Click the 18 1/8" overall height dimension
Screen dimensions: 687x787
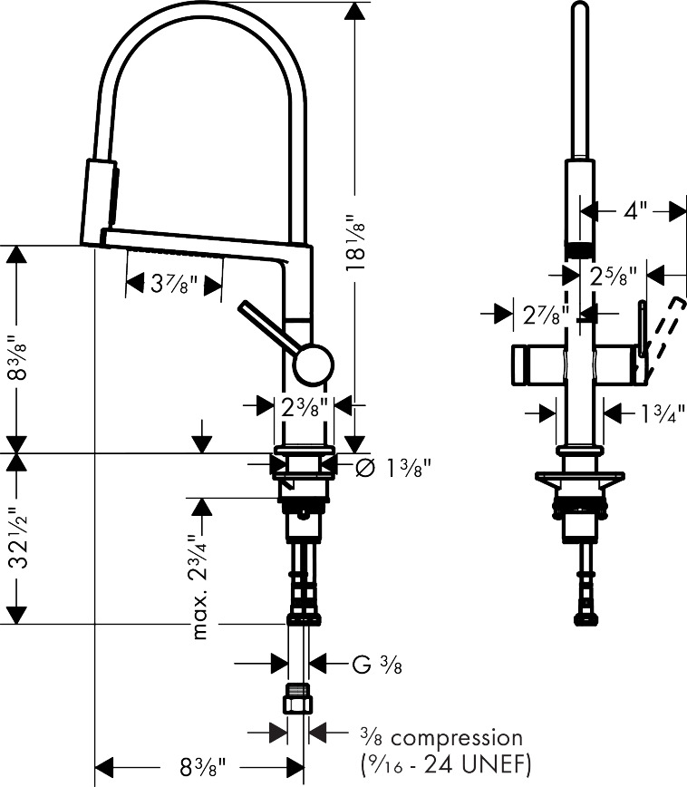coord(355,243)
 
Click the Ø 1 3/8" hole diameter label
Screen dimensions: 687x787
coord(393,468)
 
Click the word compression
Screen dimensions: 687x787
coord(457,738)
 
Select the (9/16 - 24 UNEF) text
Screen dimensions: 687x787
coord(446,765)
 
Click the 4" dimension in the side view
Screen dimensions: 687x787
coord(635,210)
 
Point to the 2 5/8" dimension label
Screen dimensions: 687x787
coord(613,276)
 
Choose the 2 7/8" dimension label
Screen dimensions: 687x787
coord(546,316)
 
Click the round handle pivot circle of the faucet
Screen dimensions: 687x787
coord(314,364)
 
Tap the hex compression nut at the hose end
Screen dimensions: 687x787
coord(297,699)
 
